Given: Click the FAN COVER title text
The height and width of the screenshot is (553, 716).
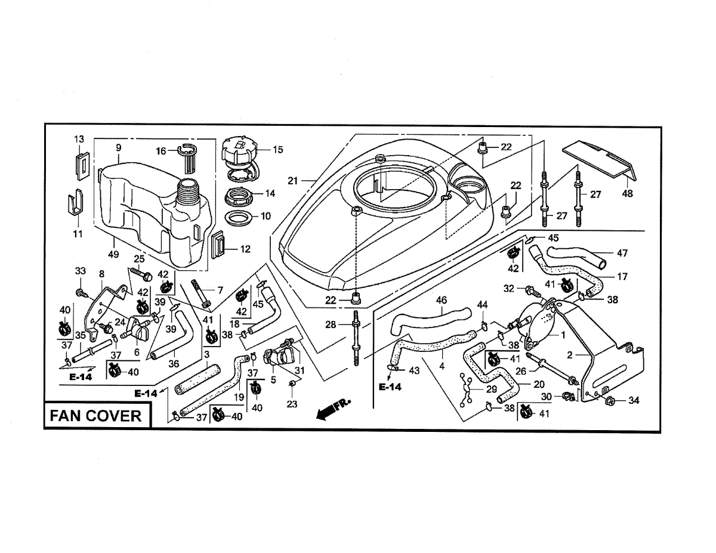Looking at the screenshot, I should pos(96,416).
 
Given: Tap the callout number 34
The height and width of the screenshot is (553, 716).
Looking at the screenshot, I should pos(633,400).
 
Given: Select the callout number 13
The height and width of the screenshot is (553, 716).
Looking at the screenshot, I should pos(79,139).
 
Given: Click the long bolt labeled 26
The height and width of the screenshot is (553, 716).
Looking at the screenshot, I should pos(549,370).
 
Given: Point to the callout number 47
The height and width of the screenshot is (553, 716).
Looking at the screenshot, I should pos(622,253).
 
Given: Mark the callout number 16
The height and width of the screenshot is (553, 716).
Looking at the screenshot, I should pos(161,152).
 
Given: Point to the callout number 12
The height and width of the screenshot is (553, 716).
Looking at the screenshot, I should pos(245,249).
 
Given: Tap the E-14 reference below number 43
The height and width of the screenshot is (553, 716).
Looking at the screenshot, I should pos(390,387).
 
